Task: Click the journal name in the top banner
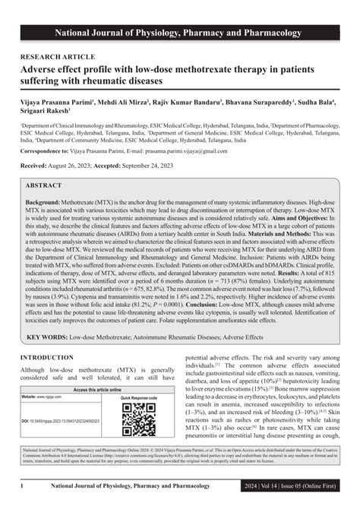179,12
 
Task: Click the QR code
137,419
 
